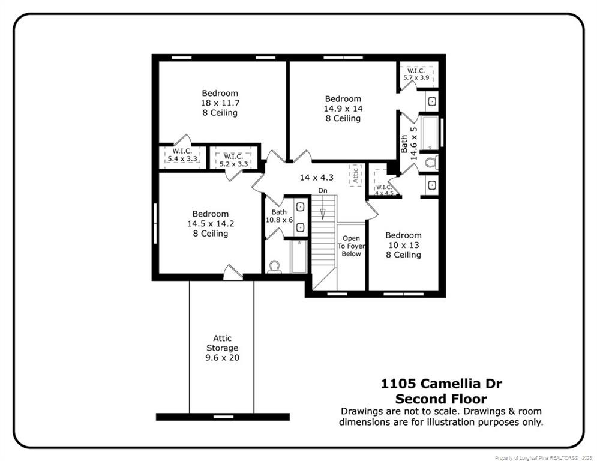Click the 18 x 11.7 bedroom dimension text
(220, 103)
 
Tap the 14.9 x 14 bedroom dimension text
(343, 109)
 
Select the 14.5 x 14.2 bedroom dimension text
(210, 224)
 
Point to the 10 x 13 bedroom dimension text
(403, 245)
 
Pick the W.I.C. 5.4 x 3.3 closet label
(182, 155)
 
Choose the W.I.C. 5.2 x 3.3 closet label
(233, 160)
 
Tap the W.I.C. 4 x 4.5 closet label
(384, 190)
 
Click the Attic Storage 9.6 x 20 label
(222, 348)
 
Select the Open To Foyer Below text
(351, 246)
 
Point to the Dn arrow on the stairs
(323, 212)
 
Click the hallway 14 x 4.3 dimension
(317, 178)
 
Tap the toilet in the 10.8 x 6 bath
(275, 266)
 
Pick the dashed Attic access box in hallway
(355, 175)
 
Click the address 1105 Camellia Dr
(441, 384)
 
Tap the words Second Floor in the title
(441, 399)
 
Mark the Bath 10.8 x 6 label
(279, 216)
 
